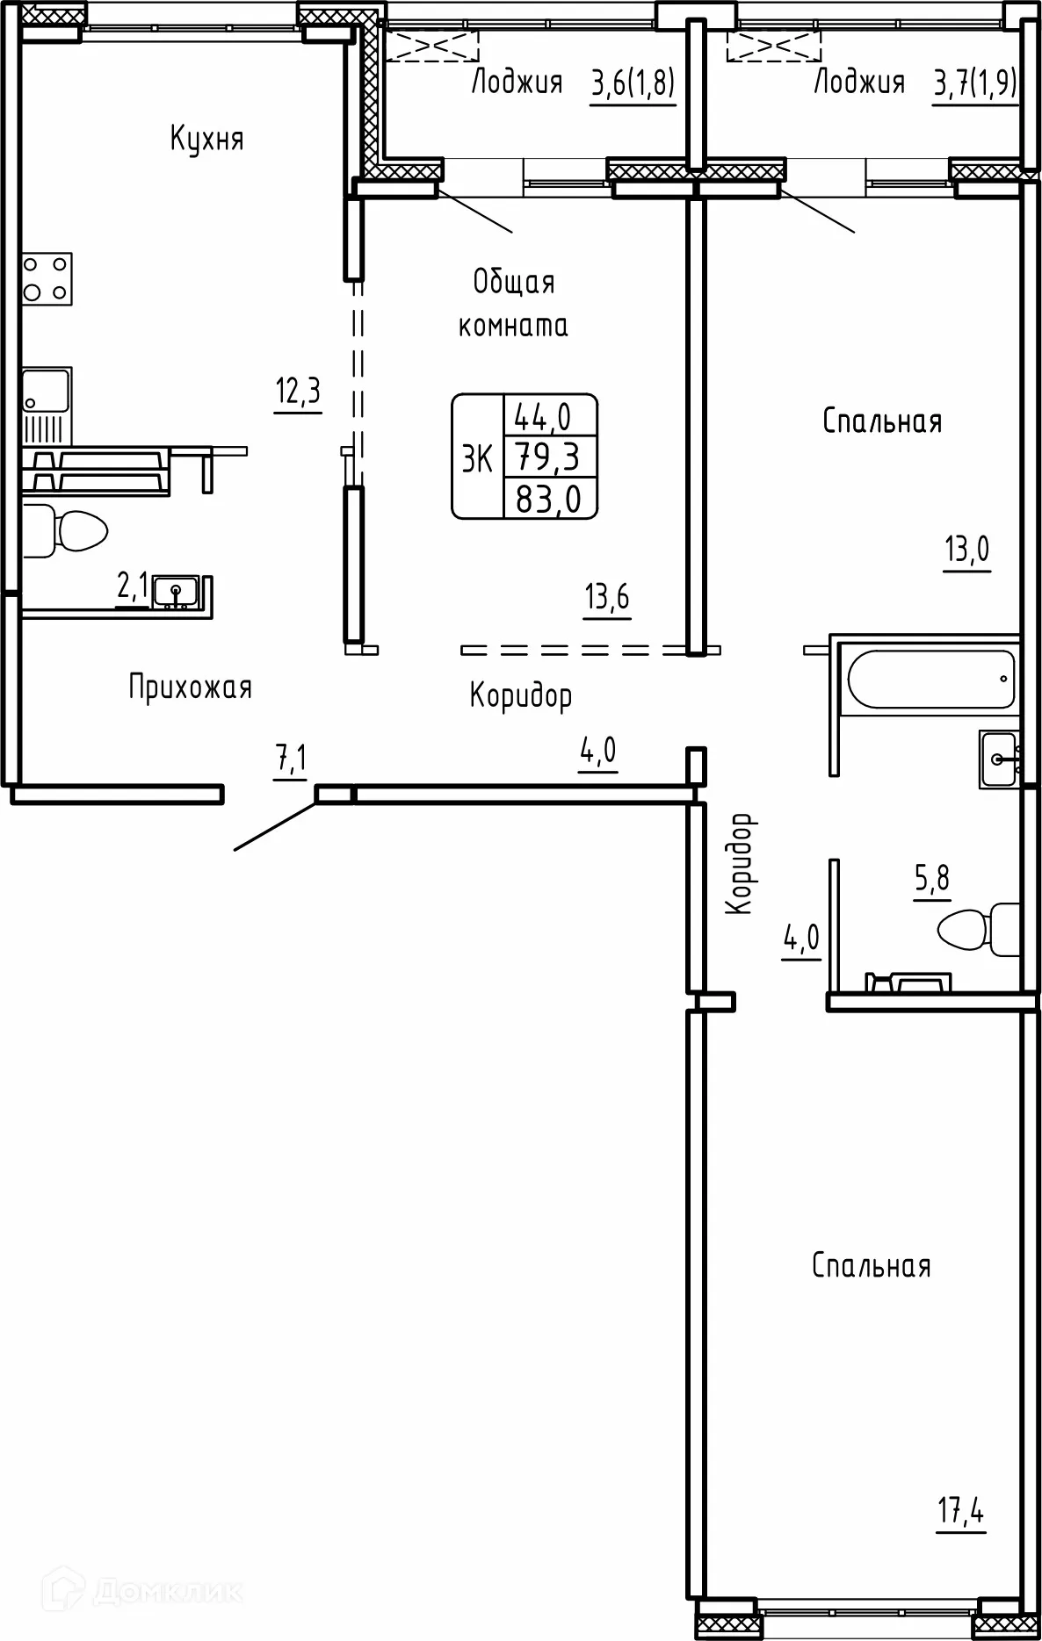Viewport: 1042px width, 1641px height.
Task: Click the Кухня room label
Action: tap(206, 139)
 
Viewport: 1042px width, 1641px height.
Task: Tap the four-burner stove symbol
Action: tap(47, 278)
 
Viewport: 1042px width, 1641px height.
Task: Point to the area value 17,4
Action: tap(961, 1514)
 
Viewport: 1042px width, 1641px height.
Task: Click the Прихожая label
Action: tap(191, 687)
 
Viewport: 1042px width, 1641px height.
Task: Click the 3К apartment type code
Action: tap(477, 457)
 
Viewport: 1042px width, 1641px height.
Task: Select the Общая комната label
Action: tap(514, 304)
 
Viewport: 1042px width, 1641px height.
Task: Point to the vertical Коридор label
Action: tap(741, 863)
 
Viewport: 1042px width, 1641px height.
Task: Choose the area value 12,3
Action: tap(298, 391)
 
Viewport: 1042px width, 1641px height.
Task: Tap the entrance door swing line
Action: tap(275, 824)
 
